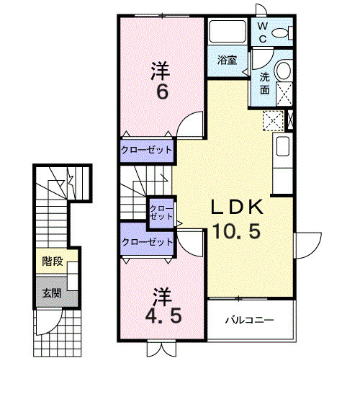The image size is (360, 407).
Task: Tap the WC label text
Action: pos(262,32)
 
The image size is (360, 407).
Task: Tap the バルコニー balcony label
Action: pos(247,318)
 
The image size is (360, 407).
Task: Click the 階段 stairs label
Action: pos(50,261)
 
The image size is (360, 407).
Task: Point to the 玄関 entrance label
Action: pos(50,293)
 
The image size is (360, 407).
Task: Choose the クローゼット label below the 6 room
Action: pos(146,150)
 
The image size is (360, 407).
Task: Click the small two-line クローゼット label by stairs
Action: pos(161,212)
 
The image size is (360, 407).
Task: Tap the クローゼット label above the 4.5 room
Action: pos(148,242)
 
